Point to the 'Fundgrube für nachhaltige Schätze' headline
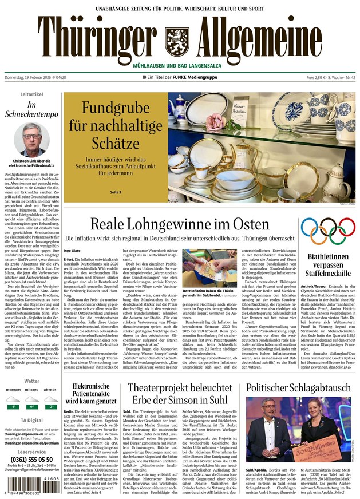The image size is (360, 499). tap(115, 123)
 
